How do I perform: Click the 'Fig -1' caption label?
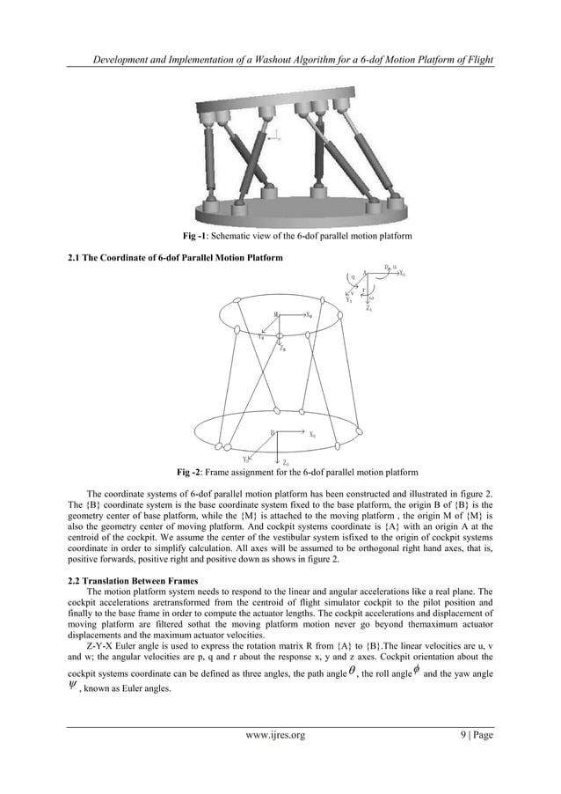[x=193, y=237]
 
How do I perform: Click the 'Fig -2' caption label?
[x=191, y=474]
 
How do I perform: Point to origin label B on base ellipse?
[x=273, y=432]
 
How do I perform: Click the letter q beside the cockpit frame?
[x=353, y=276]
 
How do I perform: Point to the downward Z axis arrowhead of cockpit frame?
[x=371, y=302]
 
